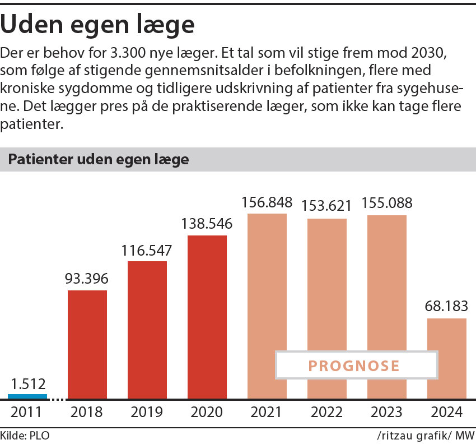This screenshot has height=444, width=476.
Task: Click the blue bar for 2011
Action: (x=27, y=396)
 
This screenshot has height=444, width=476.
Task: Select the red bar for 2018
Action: (x=87, y=344)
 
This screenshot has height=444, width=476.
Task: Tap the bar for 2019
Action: (x=147, y=330)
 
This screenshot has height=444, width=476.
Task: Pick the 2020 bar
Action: (x=207, y=317)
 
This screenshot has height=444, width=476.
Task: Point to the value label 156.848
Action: (x=267, y=202)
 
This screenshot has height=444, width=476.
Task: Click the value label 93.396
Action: (x=87, y=279)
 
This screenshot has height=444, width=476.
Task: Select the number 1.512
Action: (x=27, y=384)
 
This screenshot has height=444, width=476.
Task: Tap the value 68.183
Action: (x=447, y=307)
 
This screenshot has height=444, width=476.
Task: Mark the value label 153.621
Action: (x=327, y=206)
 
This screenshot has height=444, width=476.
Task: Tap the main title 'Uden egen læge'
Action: (x=99, y=25)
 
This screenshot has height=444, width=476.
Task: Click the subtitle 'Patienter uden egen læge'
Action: (x=99, y=160)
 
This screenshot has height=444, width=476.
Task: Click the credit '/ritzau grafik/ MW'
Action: (x=425, y=434)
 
